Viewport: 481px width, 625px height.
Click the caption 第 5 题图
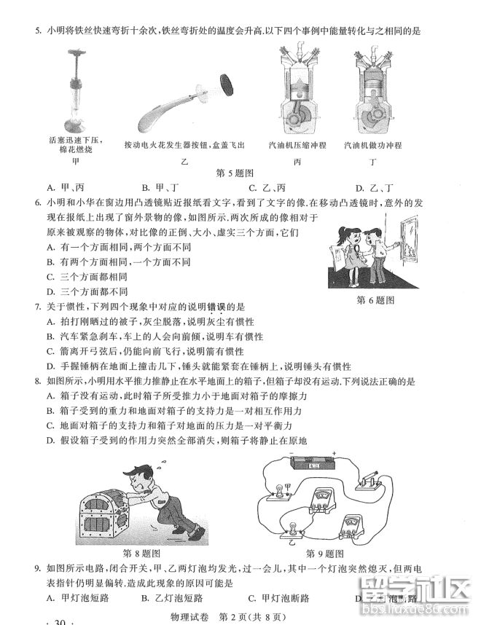coord(237,173)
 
